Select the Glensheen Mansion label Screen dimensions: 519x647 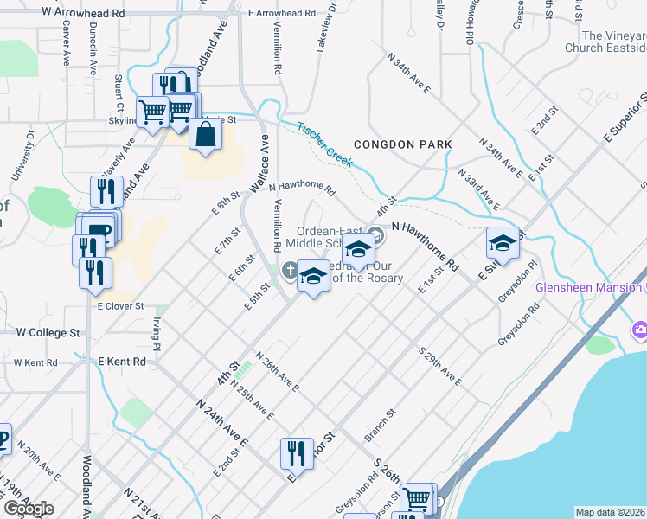588,287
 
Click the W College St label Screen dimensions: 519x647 48,332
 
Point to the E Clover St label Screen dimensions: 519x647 119,306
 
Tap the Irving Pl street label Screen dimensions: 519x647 157,328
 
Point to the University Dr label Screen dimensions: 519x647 22,156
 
